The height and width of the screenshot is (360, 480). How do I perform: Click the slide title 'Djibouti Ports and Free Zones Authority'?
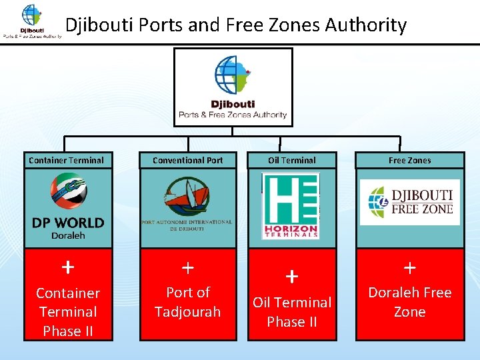pos(235,25)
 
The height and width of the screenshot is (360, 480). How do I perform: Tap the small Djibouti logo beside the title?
pos(31,21)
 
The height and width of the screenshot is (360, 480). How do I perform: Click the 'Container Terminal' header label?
pos(67,160)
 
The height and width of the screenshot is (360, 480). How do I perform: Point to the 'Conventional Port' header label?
pos(188,160)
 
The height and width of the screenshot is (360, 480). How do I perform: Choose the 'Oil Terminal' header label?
pos(292,160)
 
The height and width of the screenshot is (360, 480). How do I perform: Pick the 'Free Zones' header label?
pos(409,160)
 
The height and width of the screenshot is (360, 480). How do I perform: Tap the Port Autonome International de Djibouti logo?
pos(187,203)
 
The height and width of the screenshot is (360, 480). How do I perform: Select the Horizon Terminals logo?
pos(291,206)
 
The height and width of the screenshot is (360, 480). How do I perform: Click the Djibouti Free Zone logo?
pos(410,202)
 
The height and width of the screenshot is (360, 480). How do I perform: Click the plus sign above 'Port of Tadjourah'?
pos(188,267)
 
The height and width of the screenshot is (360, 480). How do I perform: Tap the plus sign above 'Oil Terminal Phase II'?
pos(292,275)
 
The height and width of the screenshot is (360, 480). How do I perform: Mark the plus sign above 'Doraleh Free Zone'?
pos(410,267)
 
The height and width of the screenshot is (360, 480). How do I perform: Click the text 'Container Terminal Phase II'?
pos(68,312)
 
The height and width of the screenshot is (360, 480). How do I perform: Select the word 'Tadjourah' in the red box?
pos(188,311)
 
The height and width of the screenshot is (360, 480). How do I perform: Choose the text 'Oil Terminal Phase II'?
pos(292,312)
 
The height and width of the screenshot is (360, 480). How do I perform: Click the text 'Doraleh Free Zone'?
pos(410,302)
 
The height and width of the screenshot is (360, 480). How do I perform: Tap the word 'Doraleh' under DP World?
pos(68,235)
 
